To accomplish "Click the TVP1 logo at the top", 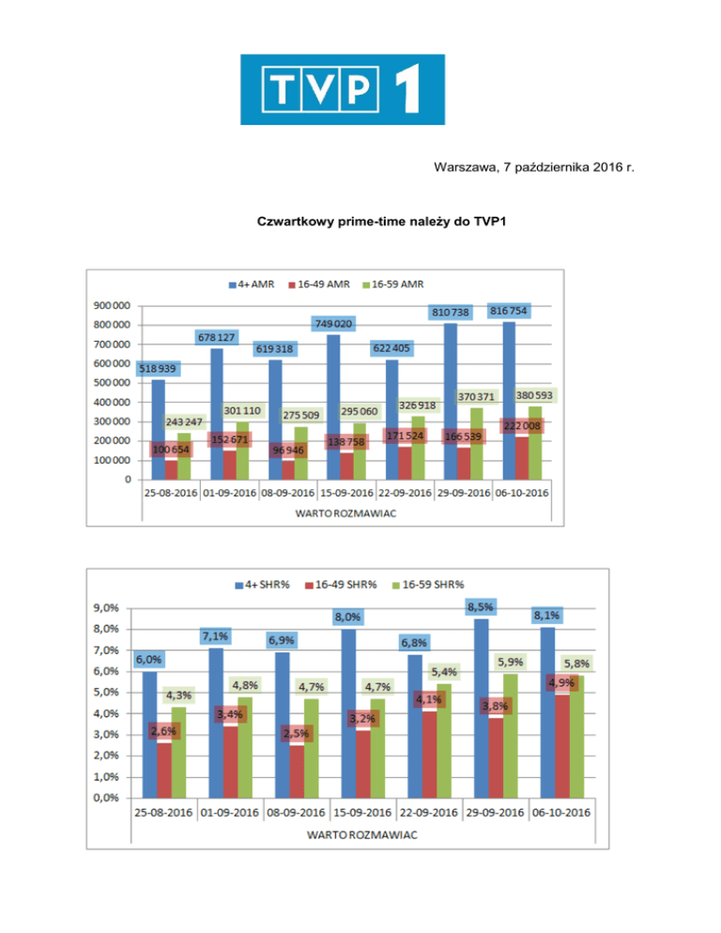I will pos(343,89).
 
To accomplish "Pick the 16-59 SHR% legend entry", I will pos(427,585).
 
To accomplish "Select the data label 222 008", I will pos(524,426).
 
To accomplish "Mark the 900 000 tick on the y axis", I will pos(111,306).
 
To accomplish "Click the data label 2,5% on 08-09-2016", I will pos(297,733).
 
